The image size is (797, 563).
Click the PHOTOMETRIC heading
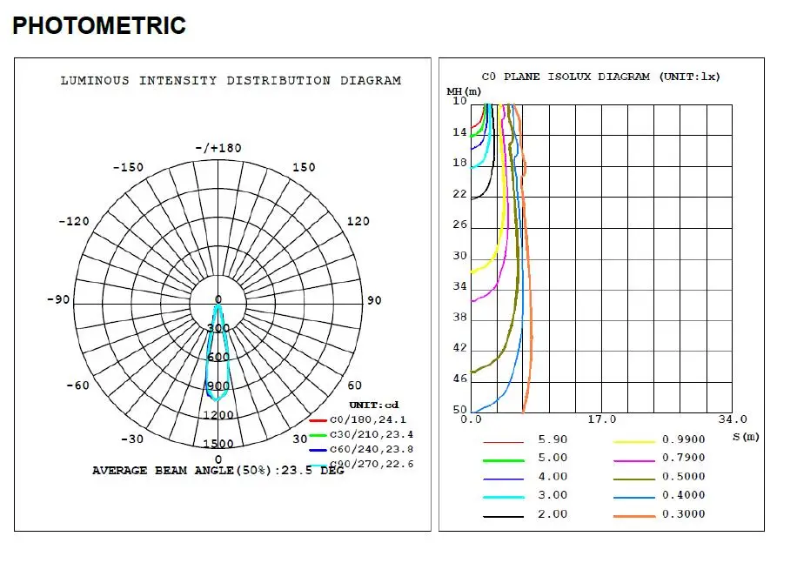99,26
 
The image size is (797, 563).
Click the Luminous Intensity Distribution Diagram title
231,81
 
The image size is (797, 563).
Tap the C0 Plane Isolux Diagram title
600,77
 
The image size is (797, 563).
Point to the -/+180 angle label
218,148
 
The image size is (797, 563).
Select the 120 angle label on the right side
358,222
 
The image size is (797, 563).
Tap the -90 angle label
58,300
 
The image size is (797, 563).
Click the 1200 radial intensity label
218,415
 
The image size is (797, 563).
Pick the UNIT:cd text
374,405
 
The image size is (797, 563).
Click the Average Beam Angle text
218,471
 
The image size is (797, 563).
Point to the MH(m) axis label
464,90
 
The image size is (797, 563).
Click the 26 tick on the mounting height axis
459,225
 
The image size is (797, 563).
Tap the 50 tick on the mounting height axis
459,411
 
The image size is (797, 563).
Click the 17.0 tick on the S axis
602,419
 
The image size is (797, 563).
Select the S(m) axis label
746,436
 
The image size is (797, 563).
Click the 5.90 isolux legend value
553,439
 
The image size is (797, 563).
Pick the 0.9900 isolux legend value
684,439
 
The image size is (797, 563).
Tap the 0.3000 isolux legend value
684,514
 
